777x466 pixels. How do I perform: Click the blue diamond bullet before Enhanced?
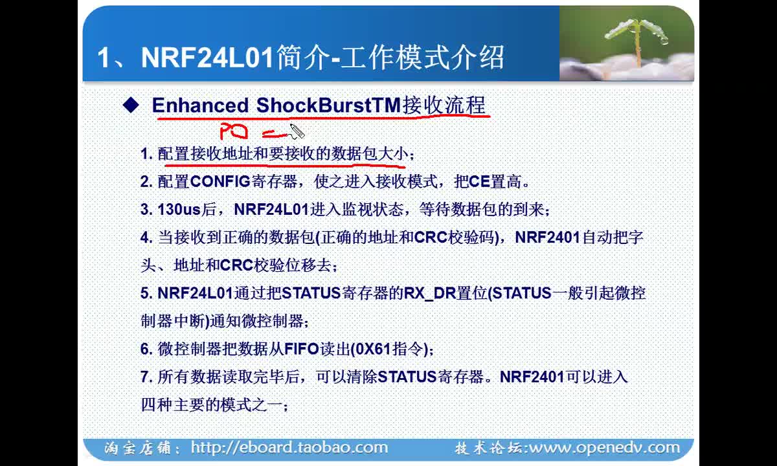pos(131,105)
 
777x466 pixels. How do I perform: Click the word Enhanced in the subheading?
pos(200,105)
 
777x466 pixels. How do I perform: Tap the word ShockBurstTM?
pos(328,105)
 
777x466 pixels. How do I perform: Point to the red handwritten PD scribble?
pos(234,131)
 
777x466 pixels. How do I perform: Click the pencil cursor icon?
pos(297,131)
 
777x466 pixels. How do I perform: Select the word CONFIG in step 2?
pos(220,181)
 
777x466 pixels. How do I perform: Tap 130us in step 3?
pos(179,210)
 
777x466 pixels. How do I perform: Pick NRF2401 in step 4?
pos(548,238)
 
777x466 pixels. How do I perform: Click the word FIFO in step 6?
pos(302,349)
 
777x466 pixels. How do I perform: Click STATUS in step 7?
pos(407,377)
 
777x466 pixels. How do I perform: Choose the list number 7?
pos(144,377)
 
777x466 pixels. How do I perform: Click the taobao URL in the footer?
pos(289,447)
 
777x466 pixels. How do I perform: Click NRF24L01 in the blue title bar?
pos(207,58)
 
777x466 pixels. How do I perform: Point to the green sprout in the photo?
pos(636,39)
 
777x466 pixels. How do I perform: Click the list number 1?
pos(144,153)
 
